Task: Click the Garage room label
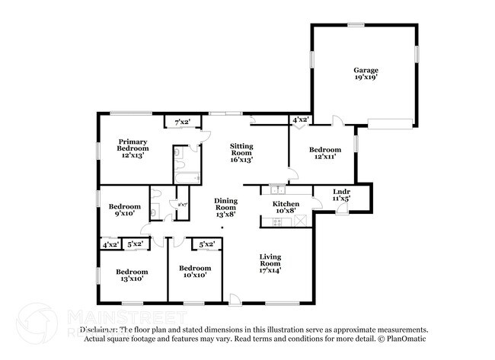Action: coord(365,70)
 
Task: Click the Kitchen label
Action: coord(286,204)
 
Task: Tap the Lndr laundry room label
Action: coord(342,192)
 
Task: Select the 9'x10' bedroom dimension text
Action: coord(124,215)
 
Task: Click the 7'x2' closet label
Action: coord(183,122)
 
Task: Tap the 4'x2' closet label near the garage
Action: coord(300,119)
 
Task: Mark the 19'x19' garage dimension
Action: coord(365,78)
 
